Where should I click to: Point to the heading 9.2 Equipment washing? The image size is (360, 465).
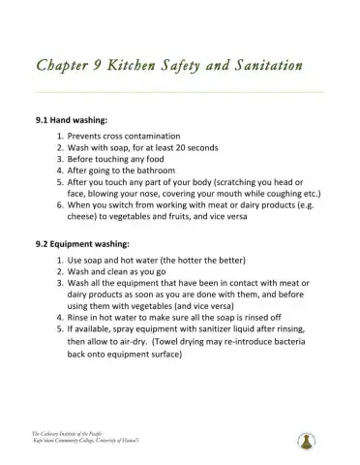coord(80,243)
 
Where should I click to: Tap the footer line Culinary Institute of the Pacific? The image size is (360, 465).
coord(69,431)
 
